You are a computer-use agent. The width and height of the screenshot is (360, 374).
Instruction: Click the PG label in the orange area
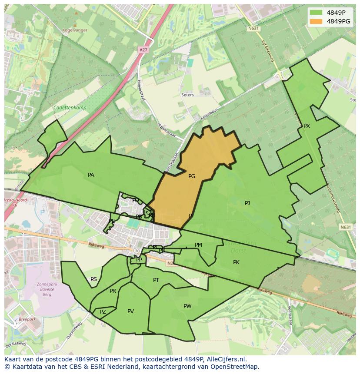[x=192, y=176]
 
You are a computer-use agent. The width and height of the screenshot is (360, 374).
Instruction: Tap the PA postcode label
[x=91, y=175]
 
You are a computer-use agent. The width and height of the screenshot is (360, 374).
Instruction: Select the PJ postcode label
[x=247, y=203]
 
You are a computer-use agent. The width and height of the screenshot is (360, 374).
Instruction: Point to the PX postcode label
[x=307, y=126]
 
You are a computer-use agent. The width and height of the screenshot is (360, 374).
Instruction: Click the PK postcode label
[x=236, y=262]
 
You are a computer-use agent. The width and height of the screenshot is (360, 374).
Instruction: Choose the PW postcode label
[x=187, y=306]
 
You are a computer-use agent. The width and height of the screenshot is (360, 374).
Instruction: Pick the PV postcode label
[x=130, y=311]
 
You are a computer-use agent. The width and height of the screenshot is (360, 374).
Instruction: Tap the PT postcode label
[x=156, y=280]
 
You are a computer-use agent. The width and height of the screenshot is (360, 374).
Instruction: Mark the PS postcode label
[x=93, y=279]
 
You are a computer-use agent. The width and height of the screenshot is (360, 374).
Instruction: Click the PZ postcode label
[x=103, y=312]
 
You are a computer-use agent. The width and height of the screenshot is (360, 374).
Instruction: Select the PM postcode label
[x=198, y=245]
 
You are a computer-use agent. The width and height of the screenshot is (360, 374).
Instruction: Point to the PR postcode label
[x=113, y=291]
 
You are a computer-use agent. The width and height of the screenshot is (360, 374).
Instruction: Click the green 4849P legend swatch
[x=316, y=13]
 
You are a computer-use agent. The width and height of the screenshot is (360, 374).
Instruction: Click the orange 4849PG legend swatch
[x=316, y=21]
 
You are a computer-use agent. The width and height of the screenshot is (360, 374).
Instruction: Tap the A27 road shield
[x=143, y=50]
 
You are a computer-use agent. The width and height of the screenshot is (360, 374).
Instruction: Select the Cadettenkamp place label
[x=70, y=108]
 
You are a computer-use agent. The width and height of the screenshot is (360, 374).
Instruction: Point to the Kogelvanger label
[x=75, y=30]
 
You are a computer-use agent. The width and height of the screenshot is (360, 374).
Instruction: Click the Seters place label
[x=188, y=95]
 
